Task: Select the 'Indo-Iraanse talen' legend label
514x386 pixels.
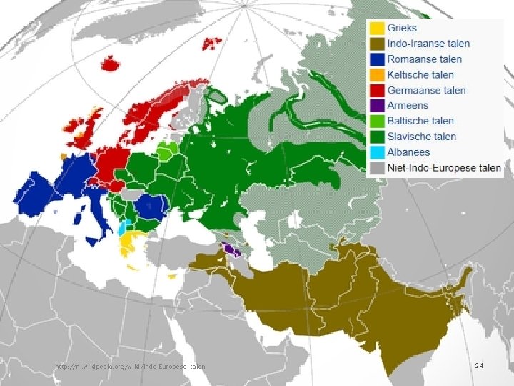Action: pyautogui.click(x=428, y=44)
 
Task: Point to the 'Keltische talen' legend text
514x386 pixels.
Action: pyautogui.click(x=420, y=75)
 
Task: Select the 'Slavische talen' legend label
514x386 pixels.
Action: pyautogui.click(x=422, y=137)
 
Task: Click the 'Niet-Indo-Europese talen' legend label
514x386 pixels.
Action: pyautogui.click(x=444, y=168)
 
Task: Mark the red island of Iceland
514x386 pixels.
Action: pyautogui.click(x=111, y=64)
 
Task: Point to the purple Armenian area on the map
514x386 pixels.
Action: pyautogui.click(x=230, y=249)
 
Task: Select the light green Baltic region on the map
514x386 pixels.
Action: pyautogui.click(x=168, y=151)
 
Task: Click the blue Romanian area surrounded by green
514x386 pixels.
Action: pyautogui.click(x=151, y=207)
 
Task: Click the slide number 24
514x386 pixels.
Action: pyautogui.click(x=479, y=366)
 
